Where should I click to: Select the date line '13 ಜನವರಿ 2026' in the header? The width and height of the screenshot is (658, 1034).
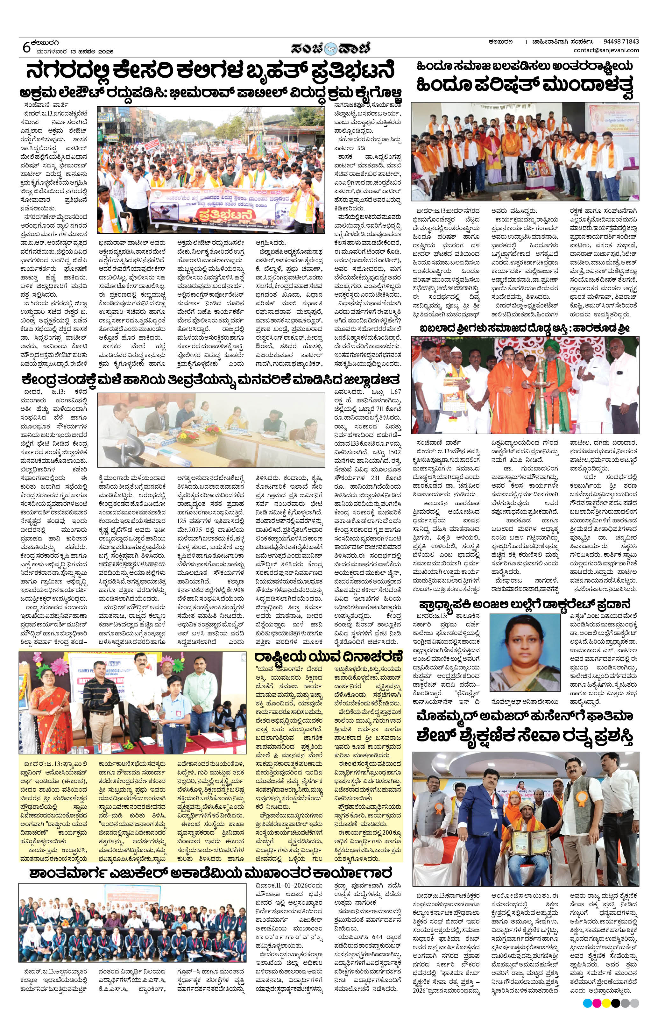92,52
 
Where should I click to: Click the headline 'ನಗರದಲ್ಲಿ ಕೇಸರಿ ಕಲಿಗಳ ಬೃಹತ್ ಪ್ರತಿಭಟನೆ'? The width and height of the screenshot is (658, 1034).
210,70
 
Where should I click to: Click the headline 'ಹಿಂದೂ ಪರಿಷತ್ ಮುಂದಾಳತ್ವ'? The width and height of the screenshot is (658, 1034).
524,85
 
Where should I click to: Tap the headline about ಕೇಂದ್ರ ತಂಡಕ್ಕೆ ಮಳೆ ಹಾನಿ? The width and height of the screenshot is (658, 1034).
211,379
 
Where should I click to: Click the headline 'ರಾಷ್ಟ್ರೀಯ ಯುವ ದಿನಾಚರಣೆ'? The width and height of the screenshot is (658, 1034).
328,657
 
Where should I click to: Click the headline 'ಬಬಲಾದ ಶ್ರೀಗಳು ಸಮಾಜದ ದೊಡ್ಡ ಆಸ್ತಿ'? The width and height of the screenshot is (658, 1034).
524,329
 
